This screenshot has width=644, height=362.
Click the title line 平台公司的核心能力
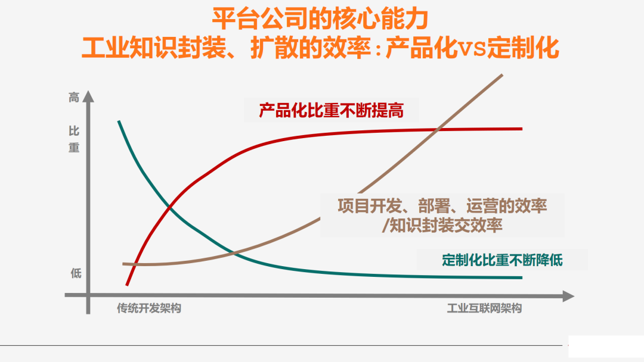320,19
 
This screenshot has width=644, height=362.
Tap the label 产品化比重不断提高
331,110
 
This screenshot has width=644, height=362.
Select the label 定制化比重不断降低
502,260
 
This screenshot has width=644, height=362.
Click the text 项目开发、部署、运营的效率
442,206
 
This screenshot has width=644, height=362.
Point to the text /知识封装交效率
442,226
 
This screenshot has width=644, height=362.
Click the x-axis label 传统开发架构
148,308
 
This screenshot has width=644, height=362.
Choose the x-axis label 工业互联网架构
484,308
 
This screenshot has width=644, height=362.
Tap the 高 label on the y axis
74,98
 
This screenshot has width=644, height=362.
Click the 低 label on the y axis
76,274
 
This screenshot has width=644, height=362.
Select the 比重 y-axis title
74,139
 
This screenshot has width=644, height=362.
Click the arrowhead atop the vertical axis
88,96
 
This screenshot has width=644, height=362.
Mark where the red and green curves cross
171,207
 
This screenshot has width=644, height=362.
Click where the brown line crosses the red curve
438,129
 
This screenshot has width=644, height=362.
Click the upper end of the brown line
502,75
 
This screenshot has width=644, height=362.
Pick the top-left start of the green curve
119,121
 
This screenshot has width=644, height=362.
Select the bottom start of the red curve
127,285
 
